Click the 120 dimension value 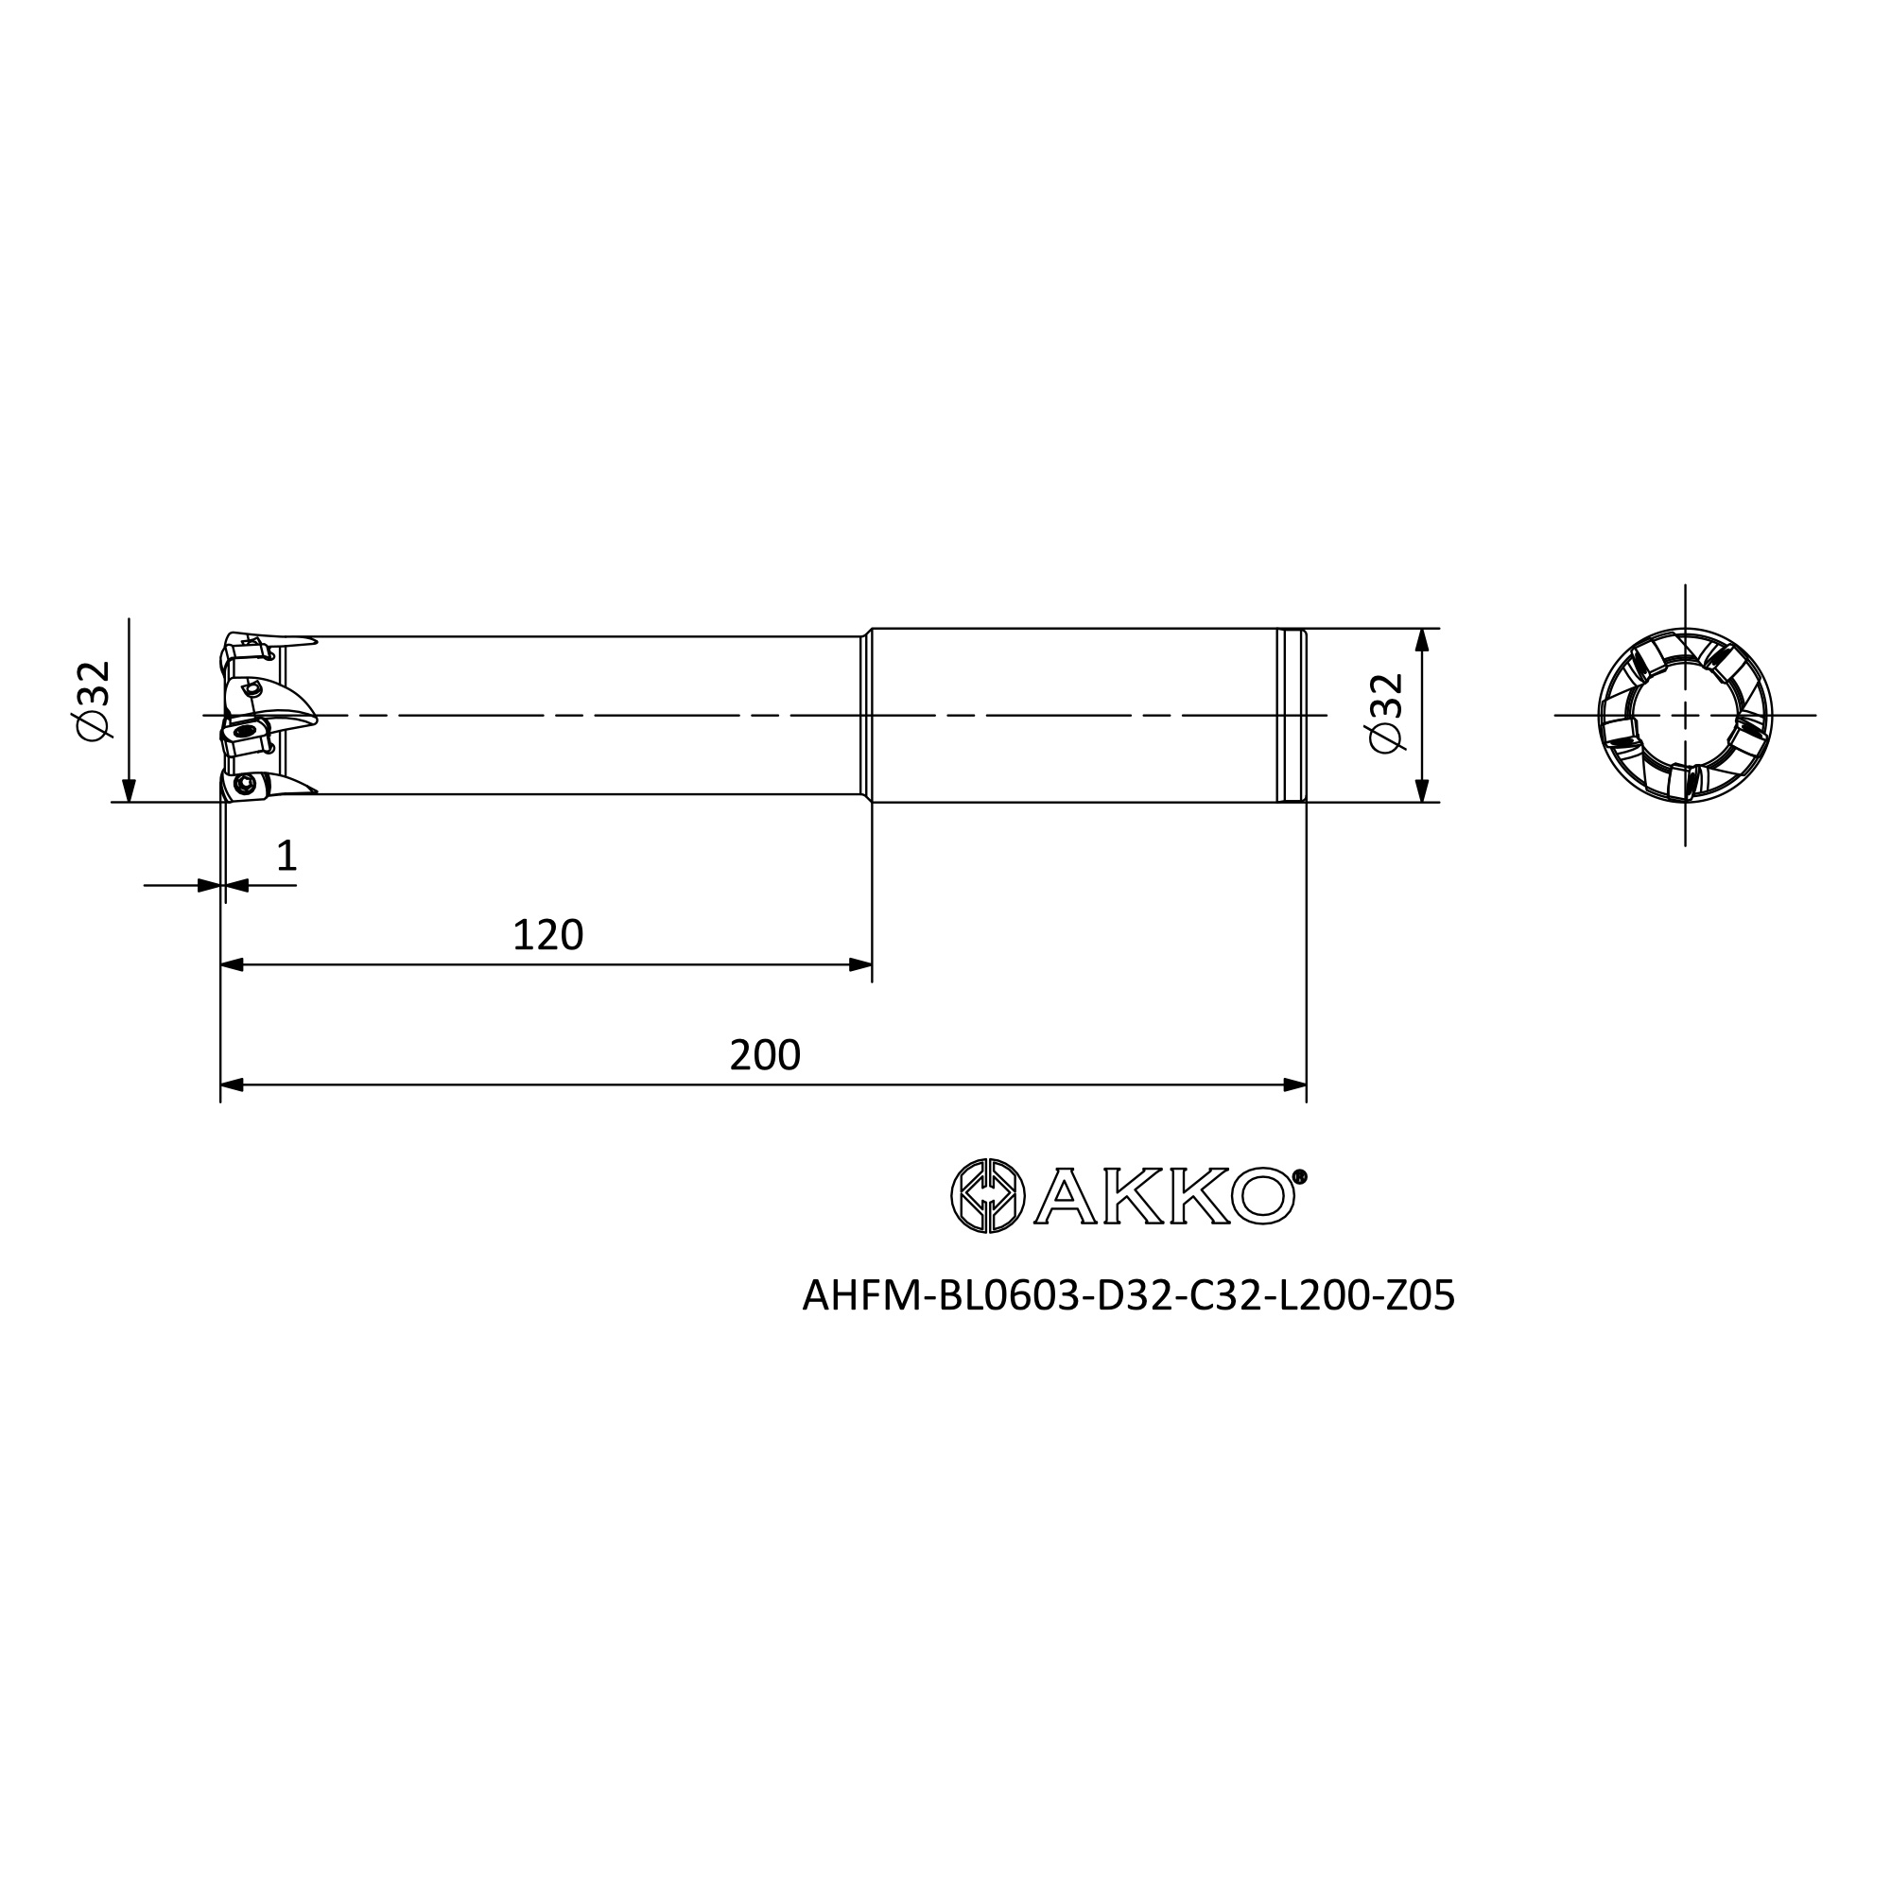(x=548, y=936)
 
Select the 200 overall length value (x=766, y=1055)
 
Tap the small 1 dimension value (x=286, y=856)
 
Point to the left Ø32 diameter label (x=94, y=701)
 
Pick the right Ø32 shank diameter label (x=1386, y=714)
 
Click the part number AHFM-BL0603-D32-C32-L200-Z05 (x=1129, y=1296)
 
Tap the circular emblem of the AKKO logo (x=988, y=1195)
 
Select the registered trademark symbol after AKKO (x=1300, y=1176)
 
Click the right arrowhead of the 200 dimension (x=1294, y=1084)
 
